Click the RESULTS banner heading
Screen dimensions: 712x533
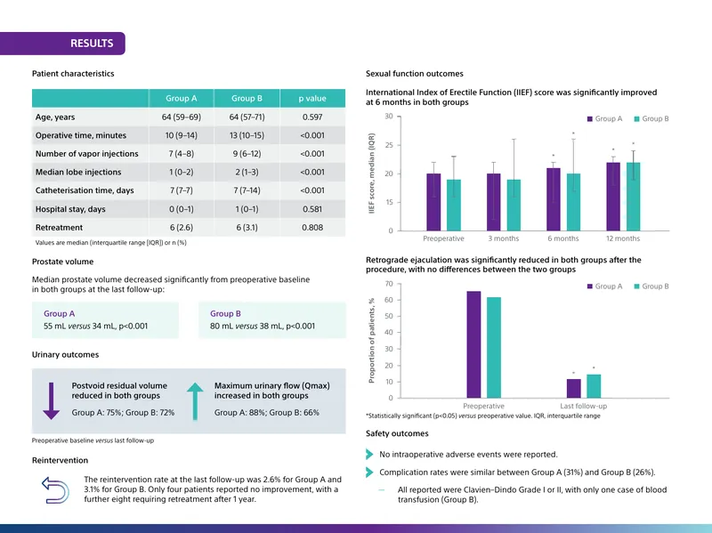tap(92, 43)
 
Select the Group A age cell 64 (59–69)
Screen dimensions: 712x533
tap(182, 117)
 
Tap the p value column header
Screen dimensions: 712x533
tap(312, 98)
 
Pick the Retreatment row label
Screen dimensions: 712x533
tap(59, 228)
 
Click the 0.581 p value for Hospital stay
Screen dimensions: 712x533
tap(312, 209)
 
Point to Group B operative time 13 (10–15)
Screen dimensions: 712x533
tap(247, 135)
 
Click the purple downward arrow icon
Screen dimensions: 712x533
tap(52, 401)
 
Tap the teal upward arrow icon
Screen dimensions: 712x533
tap(195, 401)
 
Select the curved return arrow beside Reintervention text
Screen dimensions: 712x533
tap(55, 490)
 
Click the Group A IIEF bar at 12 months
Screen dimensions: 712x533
tap(613, 197)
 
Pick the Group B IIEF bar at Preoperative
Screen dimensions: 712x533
tap(454, 206)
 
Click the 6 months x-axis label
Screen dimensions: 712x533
tap(563, 238)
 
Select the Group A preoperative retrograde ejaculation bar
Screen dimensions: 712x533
tap(473, 344)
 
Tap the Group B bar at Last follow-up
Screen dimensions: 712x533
tap(594, 386)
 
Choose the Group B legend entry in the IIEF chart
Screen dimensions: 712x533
tap(651, 118)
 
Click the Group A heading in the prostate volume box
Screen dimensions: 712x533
tap(59, 313)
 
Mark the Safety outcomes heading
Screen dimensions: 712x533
tap(397, 433)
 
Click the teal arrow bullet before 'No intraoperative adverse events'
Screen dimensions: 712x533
tap(369, 454)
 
